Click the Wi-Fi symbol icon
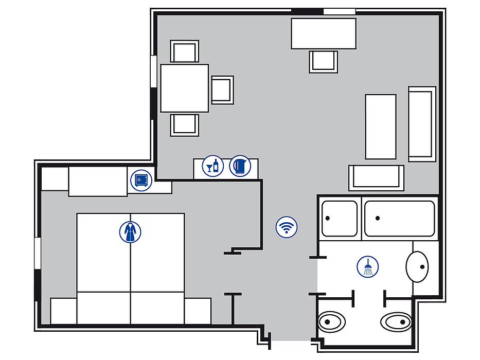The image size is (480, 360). tap(287, 227)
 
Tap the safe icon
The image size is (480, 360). tap(141, 181)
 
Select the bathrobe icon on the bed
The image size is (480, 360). tap(130, 232)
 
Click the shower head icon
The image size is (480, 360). tap(367, 266)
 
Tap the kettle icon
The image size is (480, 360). tap(240, 166)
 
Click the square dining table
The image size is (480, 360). tap(184, 88)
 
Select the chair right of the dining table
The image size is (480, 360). tap(222, 89)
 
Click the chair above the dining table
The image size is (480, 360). tap(185, 52)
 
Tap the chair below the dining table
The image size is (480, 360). tap(185, 125)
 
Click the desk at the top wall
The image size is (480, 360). tap(324, 33)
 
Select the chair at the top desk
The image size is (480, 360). tap(323, 62)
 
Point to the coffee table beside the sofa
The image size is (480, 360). tap(381, 127)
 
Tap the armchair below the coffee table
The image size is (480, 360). tap(376, 177)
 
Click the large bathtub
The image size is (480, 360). tap(400, 219)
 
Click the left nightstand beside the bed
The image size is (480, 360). tap(63, 311)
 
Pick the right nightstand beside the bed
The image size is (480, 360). tap(198, 311)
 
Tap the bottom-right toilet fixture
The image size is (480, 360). tap(396, 322)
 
